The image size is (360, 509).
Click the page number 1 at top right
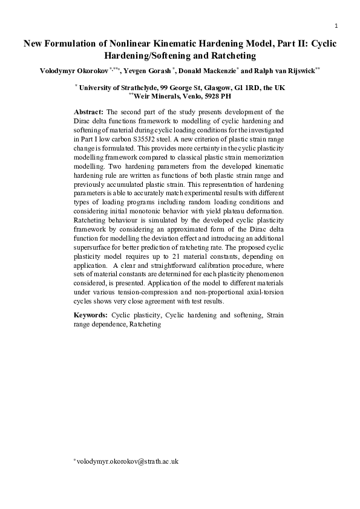[x=336, y=25]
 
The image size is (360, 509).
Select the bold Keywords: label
[x=91, y=316]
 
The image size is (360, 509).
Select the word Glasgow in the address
[x=208, y=87]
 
